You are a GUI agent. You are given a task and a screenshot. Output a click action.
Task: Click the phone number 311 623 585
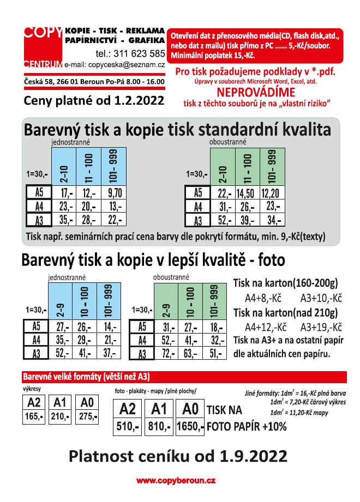(x=130, y=53)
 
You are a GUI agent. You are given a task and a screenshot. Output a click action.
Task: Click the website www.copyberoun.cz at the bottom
(x=176, y=481)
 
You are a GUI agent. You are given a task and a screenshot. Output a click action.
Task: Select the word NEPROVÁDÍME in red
(x=254, y=92)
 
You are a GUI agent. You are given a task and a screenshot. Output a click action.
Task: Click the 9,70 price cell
(x=115, y=193)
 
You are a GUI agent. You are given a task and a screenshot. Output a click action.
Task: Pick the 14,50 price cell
(x=247, y=193)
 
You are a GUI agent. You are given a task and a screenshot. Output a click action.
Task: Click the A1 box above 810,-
(x=159, y=409)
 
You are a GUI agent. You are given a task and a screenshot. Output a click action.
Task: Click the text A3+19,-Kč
(x=321, y=327)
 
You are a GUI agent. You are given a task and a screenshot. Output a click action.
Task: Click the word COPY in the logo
(x=43, y=32)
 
